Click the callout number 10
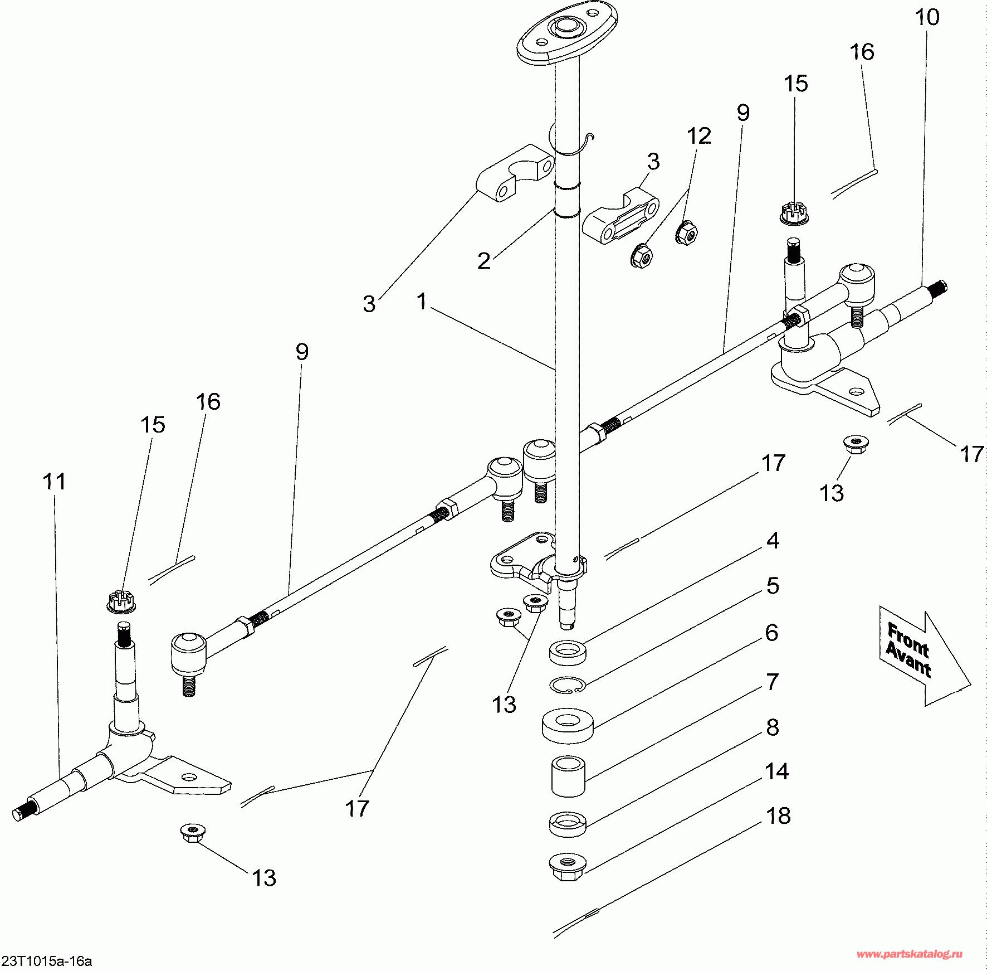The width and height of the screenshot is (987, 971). pos(927,18)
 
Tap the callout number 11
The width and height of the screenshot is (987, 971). pos(54,482)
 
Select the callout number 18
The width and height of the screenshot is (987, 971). pos(779,816)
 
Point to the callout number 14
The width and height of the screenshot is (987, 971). pos(776,771)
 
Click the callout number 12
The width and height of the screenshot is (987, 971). pos(699,136)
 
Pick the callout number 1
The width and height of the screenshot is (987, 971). pos(422,302)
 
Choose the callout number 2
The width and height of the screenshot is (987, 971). pos(484,261)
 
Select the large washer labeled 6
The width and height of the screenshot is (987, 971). pos(567,725)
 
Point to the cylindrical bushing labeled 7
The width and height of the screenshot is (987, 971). pos(568,776)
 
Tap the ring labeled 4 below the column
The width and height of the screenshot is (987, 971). pos(567,652)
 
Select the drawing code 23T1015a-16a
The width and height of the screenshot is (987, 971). pos(47,961)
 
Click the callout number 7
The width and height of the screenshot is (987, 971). pos(772,682)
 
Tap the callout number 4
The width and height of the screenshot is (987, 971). pos(773,541)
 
